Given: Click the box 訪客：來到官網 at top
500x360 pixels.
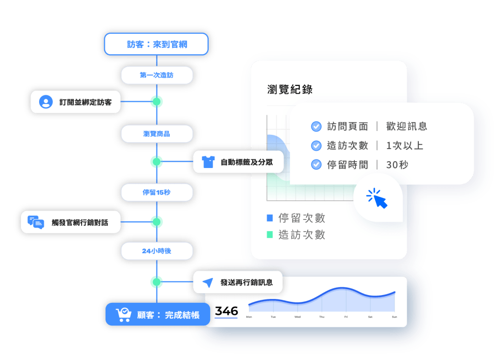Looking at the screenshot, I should tap(156, 44).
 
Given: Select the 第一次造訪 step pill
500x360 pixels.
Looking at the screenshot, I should tap(156, 75).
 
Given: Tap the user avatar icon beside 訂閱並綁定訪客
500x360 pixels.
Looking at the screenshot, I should tap(46, 102).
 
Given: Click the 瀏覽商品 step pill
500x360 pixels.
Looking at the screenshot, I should tap(156, 133).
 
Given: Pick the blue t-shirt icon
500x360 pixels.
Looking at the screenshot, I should tap(208, 162).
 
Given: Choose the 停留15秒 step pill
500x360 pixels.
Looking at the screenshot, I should tap(156, 192).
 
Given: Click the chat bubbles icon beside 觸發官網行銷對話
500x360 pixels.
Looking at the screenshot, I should tap(36, 222).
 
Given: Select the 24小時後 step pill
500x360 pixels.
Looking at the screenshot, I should tap(156, 251).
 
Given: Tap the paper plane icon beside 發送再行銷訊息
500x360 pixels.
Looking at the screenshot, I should tap(208, 282).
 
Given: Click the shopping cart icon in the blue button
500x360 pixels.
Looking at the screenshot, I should tap(123, 315).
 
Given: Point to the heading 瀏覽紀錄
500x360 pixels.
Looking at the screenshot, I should tap(290, 89).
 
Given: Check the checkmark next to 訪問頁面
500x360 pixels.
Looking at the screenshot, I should tap(316, 127).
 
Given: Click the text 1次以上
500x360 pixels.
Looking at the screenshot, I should tap(404, 146).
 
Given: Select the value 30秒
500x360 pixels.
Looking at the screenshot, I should tap(397, 165).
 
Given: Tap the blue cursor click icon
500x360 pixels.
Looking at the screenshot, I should tap(377, 198).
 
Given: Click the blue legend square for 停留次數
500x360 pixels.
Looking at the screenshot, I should tap(270, 218).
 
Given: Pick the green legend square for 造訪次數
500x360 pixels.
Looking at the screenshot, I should tap(270, 235).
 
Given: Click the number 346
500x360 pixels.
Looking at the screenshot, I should tap(226, 311).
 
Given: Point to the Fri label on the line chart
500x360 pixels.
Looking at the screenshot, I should tap(346, 317).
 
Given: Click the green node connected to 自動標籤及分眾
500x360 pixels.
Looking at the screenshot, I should tap(156, 161).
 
